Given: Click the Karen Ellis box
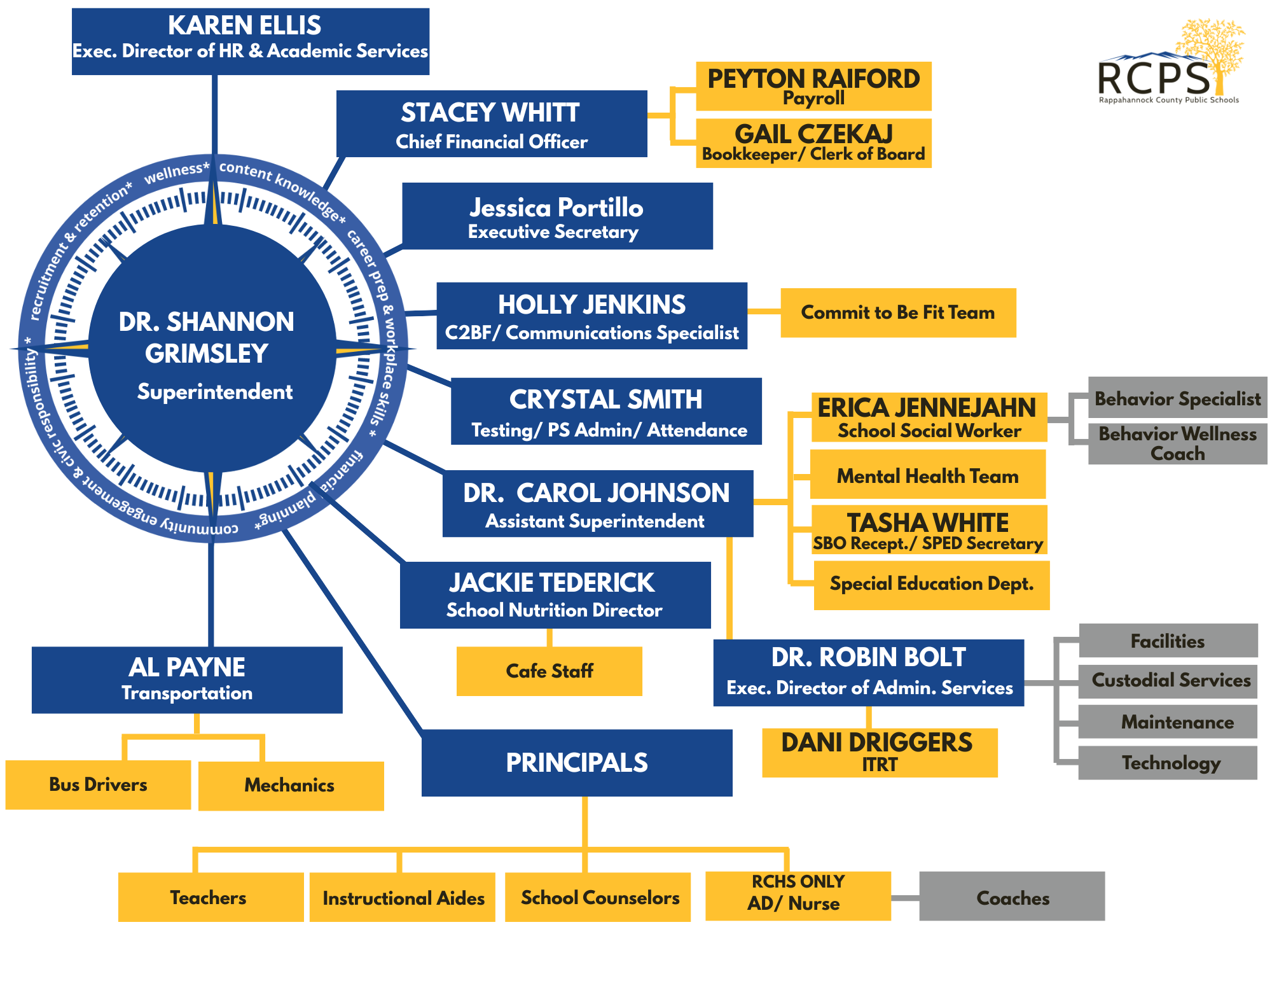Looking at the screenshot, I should tap(250, 41).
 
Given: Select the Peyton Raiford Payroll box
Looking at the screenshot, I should tap(813, 86).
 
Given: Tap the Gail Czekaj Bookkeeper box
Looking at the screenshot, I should tap(813, 143).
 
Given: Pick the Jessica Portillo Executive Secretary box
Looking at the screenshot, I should tap(557, 216).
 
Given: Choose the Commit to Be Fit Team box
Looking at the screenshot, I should tap(897, 312).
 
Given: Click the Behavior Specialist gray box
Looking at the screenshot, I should tap(1177, 398).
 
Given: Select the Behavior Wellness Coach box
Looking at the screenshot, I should tap(1177, 443).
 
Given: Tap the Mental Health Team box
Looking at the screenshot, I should tap(927, 475).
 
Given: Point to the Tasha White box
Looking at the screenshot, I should tap(929, 530).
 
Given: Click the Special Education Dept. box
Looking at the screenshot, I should tap(931, 585).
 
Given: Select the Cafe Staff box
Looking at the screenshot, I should tap(549, 671).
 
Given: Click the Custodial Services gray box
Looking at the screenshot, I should tap(1170, 680).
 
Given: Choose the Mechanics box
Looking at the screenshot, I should tap(291, 786).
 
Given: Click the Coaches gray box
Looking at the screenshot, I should tap(1012, 897).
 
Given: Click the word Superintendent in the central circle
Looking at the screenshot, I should tap(215, 391).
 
